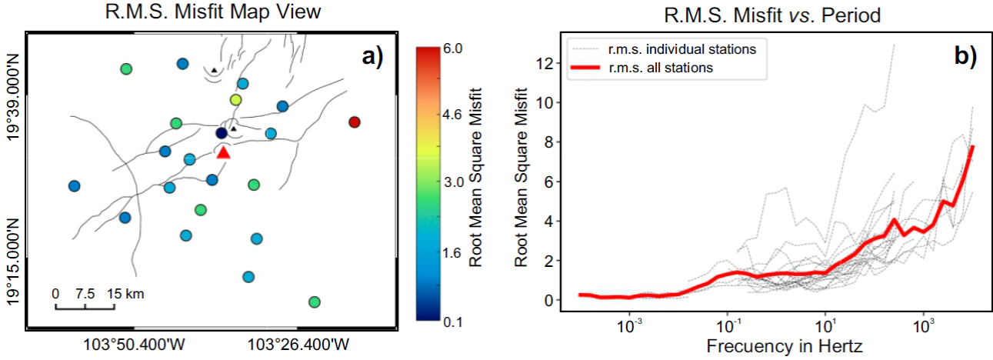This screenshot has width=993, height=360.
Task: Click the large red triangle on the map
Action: pos(223,152)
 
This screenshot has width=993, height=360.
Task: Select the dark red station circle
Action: pos(354,122)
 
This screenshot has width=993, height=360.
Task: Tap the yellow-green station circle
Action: pos(235,100)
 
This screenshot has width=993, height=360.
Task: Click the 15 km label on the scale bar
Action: pos(126,293)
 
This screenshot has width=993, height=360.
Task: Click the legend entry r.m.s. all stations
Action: pos(661,68)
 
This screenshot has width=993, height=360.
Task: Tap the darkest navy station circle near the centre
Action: pos(222,134)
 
